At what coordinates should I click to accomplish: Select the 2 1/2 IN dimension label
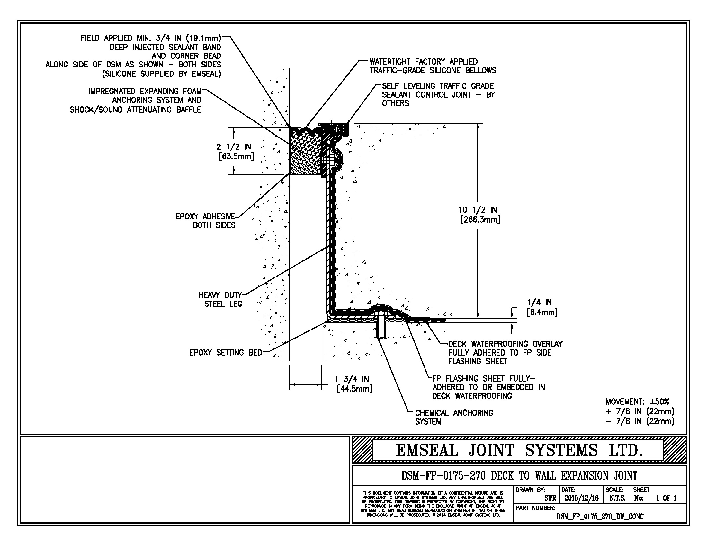click(233, 147)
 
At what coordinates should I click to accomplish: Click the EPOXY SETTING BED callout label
click(226, 353)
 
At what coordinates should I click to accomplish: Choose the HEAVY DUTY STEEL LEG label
click(220, 299)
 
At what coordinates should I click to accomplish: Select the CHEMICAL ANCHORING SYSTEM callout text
click(454, 417)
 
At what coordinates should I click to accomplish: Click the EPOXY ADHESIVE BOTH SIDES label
click(206, 221)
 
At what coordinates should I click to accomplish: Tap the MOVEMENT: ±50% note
click(637, 402)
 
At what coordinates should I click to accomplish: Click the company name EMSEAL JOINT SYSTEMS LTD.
click(519, 450)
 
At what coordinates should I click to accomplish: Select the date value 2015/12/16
click(582, 498)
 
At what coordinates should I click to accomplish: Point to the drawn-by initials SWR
click(550, 498)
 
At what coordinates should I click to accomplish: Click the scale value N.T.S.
click(617, 498)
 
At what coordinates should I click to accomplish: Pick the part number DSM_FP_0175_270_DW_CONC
click(600, 516)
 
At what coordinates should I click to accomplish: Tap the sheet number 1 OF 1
click(666, 498)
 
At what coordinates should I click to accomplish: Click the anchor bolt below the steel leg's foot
click(381, 327)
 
